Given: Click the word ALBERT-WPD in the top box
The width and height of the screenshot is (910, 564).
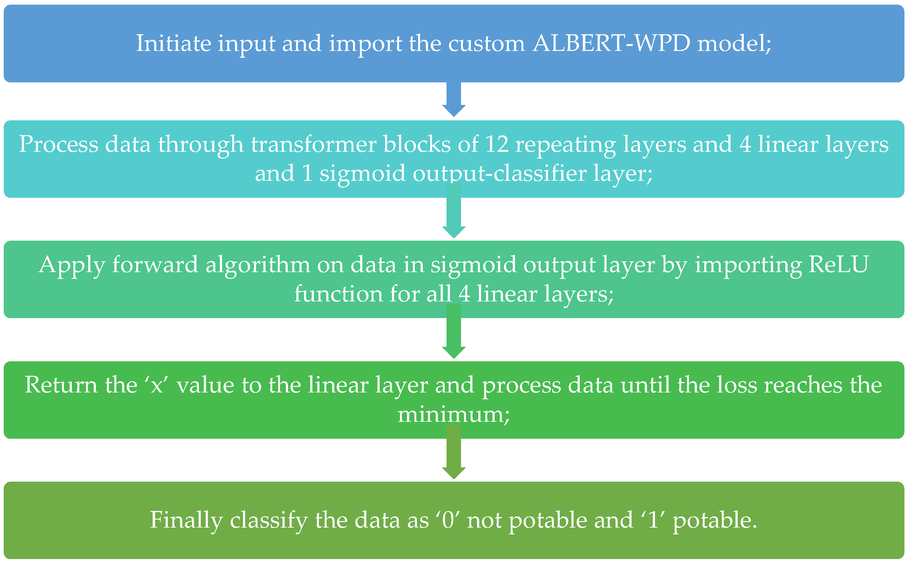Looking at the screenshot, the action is click(612, 43).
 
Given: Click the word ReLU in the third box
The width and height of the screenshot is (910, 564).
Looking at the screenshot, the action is click(838, 264).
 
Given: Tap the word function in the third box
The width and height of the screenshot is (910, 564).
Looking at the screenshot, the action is click(339, 294).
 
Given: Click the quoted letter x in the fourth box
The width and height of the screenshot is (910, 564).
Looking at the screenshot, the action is click(157, 385).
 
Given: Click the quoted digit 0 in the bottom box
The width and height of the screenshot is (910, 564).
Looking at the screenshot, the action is click(448, 520).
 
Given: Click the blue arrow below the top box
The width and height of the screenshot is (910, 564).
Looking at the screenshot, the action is click(454, 100).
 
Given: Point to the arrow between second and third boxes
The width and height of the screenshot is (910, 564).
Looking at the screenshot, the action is click(454, 211).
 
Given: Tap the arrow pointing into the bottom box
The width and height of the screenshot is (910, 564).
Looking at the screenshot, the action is click(454, 452).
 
